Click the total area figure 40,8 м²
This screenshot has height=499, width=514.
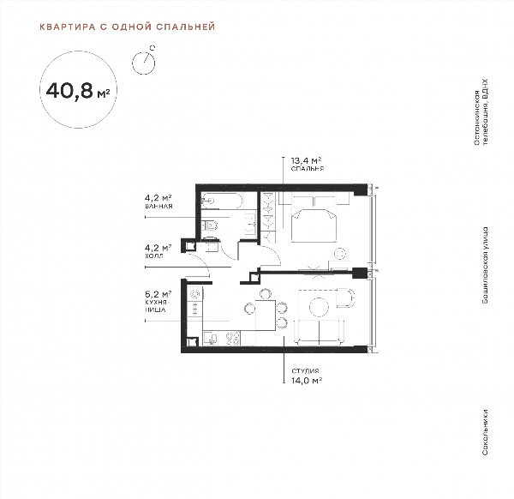click(78, 91)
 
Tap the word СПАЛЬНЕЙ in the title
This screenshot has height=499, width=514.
click(186, 27)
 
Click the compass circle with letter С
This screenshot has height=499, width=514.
click(143, 63)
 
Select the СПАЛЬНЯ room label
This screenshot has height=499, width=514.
click(308, 169)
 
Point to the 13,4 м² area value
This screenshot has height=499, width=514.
click(306, 160)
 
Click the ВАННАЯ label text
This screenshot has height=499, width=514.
click(158, 207)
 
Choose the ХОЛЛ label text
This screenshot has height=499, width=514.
click(153, 256)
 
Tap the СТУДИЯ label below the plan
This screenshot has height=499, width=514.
click(305, 371)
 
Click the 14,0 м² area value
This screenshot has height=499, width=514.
click(307, 381)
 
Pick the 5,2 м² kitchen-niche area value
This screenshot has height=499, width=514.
click(158, 294)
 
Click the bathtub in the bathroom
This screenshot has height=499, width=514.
click(222, 201)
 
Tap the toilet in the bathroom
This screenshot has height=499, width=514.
click(210, 225)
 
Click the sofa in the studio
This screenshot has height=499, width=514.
click(319, 333)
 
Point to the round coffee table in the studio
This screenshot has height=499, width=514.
click(319, 307)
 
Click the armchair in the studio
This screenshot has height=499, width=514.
click(345, 298)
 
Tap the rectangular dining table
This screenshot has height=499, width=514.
click(266, 315)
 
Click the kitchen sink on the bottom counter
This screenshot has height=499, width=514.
click(210, 339)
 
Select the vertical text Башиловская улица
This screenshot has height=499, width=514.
click(485, 265)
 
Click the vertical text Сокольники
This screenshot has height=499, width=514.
click(485, 432)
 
